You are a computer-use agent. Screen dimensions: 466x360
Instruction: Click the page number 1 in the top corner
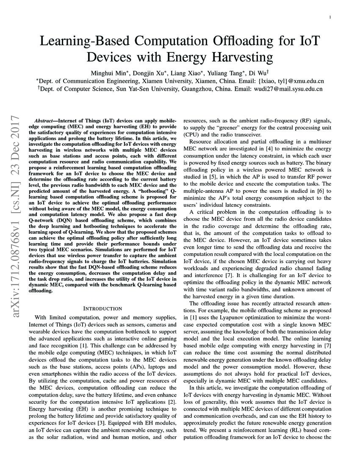pos(330,17)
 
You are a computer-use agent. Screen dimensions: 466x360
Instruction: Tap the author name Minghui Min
pos(108,71)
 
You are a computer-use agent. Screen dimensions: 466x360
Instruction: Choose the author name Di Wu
pos(260,71)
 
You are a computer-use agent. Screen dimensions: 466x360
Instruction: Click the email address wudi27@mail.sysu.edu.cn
pos(288,89)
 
